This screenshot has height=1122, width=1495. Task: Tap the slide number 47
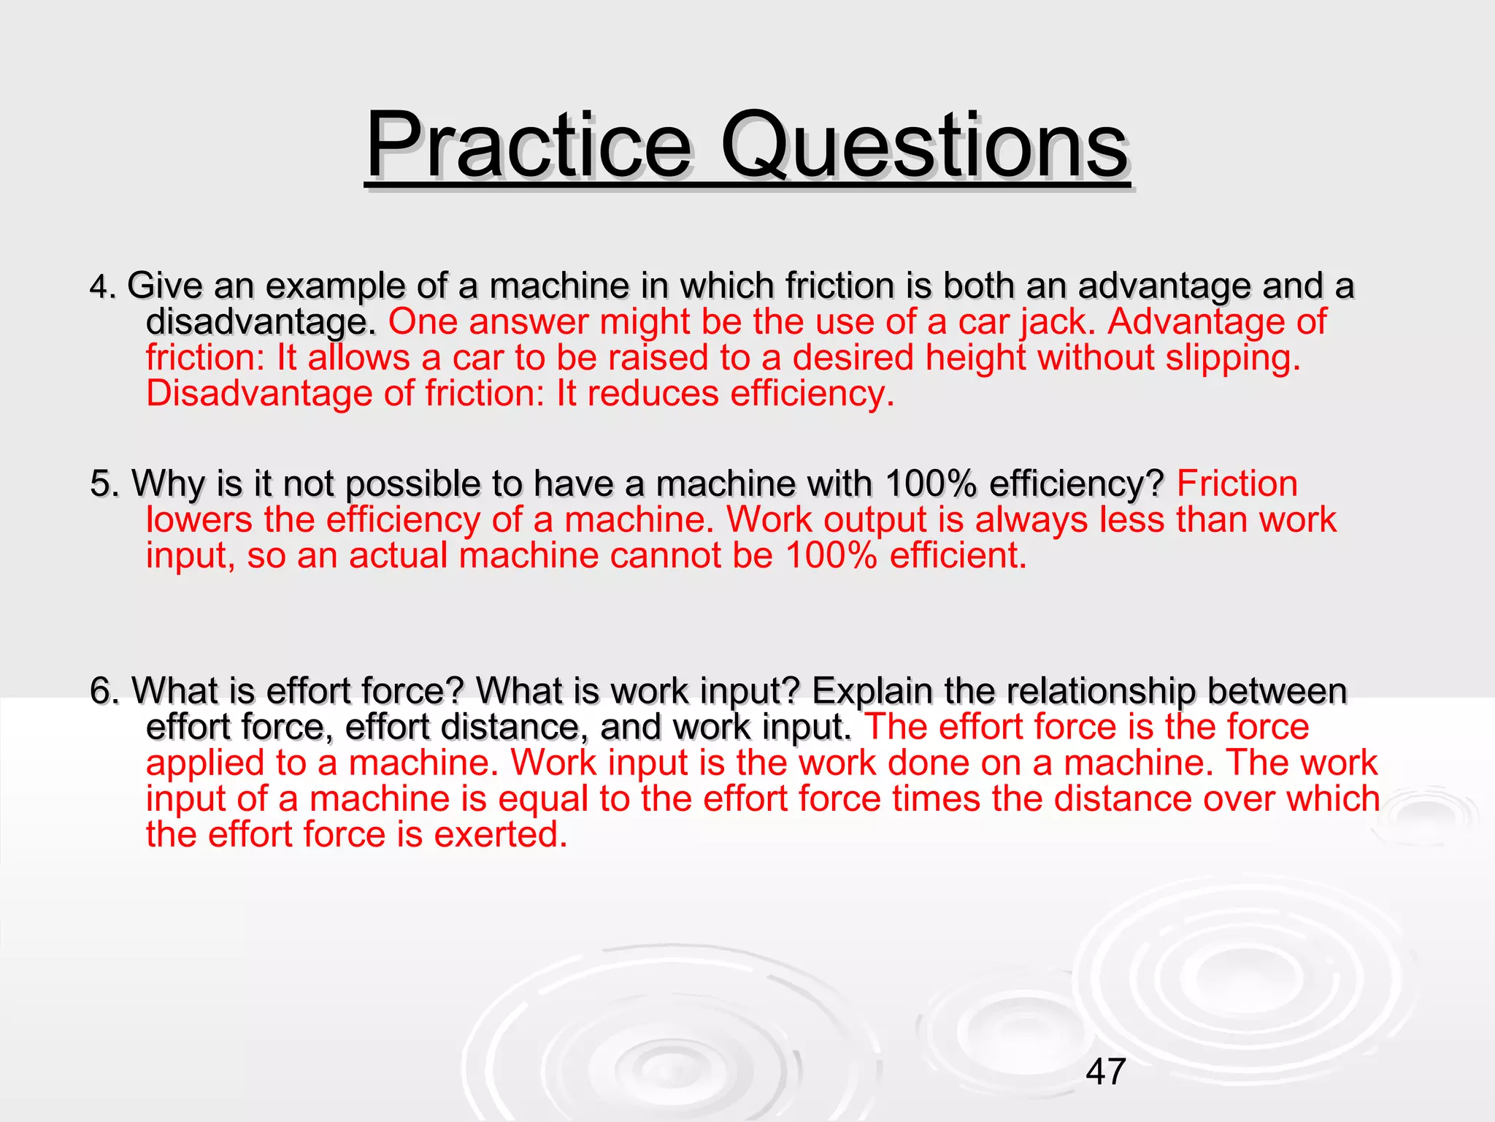[1106, 1072]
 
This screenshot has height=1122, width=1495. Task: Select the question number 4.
[101, 286]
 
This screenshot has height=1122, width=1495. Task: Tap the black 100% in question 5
[930, 484]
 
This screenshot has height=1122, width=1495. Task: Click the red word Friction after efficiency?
[1237, 484]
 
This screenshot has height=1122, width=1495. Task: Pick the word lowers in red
[199, 519]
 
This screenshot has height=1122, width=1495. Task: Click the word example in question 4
[335, 286]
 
